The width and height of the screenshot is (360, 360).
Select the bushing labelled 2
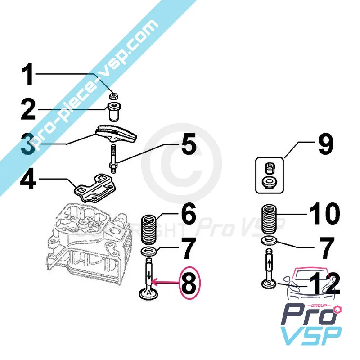click(115, 111)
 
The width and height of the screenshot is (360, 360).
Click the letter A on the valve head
click(148, 292)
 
